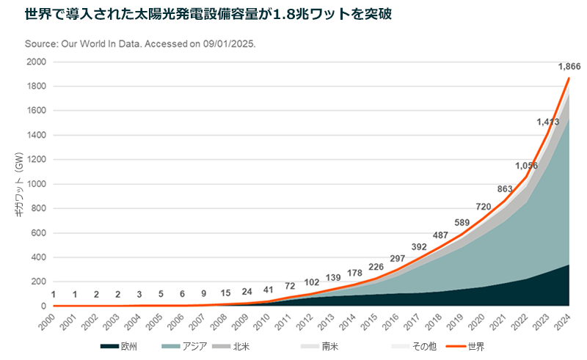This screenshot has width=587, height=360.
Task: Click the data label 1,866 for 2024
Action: (569, 67)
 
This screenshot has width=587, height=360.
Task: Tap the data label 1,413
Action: (547, 122)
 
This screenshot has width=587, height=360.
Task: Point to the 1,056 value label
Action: (526, 166)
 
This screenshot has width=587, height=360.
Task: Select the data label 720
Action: (484, 207)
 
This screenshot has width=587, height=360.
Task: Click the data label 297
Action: (398, 259)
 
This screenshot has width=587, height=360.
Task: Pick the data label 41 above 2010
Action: (268, 290)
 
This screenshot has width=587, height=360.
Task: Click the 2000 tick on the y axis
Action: (36, 62)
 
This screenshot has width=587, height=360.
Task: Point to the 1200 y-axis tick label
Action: (36, 159)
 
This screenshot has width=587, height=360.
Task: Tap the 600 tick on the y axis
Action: (39, 232)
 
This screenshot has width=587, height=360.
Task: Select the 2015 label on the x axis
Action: (369, 322)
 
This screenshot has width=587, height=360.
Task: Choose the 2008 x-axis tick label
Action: (218, 322)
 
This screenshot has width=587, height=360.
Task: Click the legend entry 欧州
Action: (119, 347)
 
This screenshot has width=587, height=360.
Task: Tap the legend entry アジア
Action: (185, 347)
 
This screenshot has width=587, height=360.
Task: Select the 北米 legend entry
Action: (230, 347)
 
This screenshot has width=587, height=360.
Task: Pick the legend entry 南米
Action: (319, 347)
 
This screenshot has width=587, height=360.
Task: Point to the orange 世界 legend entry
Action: (465, 347)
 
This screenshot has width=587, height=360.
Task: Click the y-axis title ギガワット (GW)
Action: (20, 184)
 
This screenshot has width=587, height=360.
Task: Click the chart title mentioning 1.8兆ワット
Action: (208, 14)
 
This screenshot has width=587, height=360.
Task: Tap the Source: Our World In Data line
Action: (140, 44)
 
